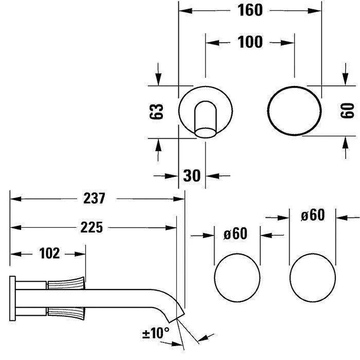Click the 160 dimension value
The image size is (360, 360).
[x=250, y=10]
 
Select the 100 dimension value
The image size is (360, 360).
[x=250, y=42]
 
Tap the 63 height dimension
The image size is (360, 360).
[x=156, y=112]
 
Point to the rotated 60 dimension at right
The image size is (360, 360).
[x=347, y=111]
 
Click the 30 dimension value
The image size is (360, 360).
[x=192, y=175]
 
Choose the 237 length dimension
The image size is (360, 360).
[x=94, y=198]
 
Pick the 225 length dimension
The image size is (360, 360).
[x=92, y=228]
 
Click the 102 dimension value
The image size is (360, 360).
[x=49, y=253]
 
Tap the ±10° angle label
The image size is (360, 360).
[x=156, y=333]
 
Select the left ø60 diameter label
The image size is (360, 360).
[x=235, y=234]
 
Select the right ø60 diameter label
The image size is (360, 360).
[x=313, y=215]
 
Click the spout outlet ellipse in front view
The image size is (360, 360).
[x=206, y=133]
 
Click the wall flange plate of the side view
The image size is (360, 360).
[x=13, y=298]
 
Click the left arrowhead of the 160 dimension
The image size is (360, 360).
[x=185, y=10]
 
